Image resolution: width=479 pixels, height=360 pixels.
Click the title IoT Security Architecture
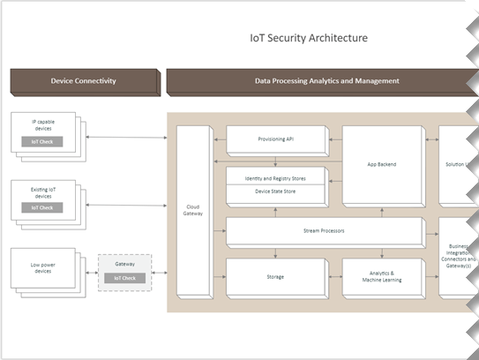[309, 38]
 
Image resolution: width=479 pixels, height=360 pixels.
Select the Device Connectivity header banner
[83, 81]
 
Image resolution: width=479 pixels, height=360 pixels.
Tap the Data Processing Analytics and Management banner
[326, 81]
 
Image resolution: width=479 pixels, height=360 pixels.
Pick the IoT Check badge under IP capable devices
[42, 142]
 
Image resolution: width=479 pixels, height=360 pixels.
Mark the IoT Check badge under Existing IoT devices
[42, 208]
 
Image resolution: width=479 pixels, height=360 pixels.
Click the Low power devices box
[42, 268]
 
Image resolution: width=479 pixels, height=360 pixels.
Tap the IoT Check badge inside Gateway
[123, 279]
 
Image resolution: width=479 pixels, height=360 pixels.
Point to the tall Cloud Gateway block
[193, 212]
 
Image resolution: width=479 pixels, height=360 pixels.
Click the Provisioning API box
[276, 139]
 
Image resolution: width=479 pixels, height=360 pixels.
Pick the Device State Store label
[276, 191]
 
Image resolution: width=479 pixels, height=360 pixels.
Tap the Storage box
[276, 277]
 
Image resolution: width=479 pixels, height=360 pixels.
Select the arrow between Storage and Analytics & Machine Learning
[334, 277]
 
